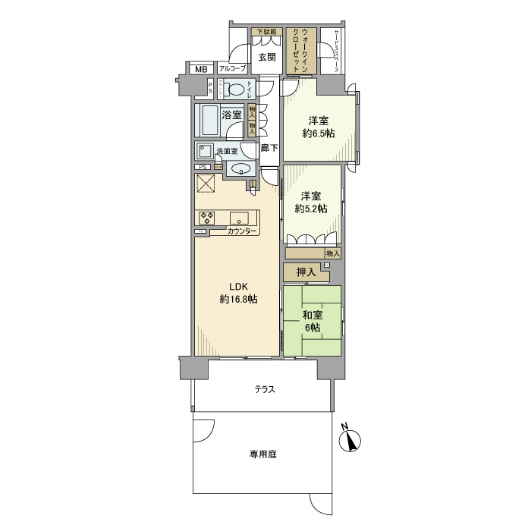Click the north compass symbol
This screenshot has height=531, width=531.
(x=349, y=439)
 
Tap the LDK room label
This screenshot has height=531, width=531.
(x=239, y=293)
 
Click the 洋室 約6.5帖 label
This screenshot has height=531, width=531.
(x=319, y=127)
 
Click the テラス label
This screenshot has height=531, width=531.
(x=264, y=390)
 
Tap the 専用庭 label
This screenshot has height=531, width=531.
(x=263, y=455)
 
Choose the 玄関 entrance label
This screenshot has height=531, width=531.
(x=265, y=57)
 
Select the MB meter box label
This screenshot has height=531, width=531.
(x=201, y=70)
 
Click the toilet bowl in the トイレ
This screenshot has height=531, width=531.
(x=237, y=89)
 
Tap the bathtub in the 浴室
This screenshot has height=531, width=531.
(x=209, y=119)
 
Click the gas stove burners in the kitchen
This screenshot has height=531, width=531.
(x=206, y=217)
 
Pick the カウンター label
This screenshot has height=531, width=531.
(x=242, y=231)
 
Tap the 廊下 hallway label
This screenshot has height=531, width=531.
(x=269, y=148)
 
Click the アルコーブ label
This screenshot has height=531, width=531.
(x=233, y=69)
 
